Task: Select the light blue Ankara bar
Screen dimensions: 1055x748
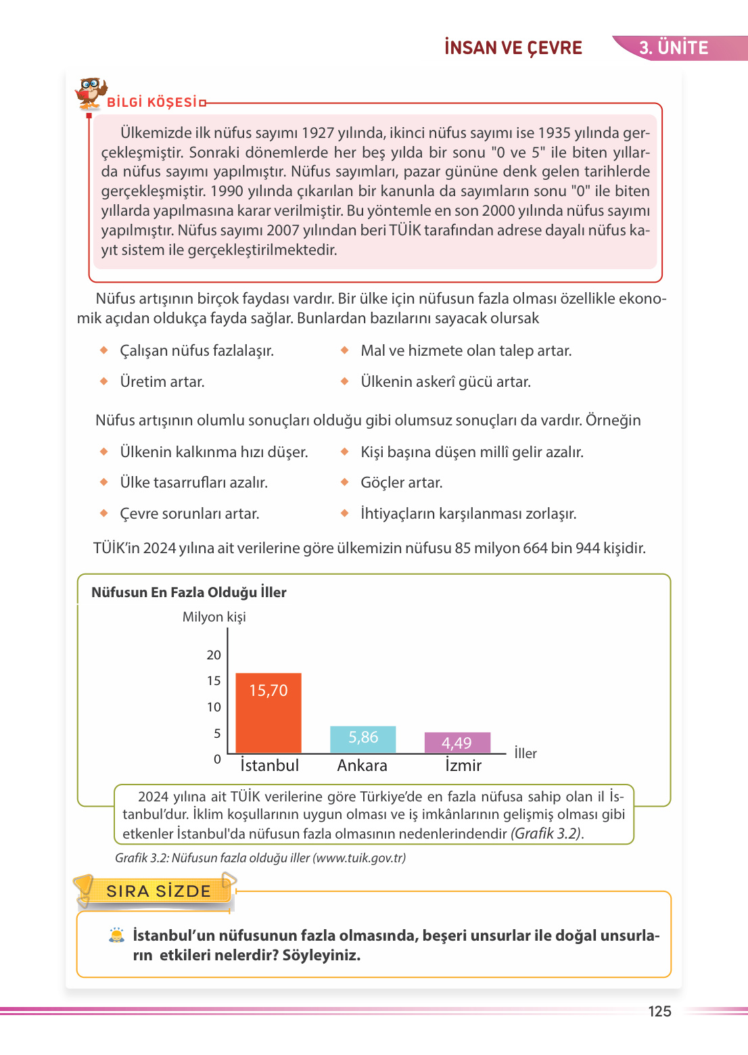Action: (x=363, y=740)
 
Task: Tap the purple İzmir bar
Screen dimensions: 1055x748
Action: (x=457, y=743)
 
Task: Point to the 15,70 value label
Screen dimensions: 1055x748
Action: (x=268, y=690)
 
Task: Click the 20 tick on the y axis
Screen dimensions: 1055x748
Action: (x=214, y=655)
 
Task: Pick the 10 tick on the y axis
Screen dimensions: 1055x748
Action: (x=214, y=707)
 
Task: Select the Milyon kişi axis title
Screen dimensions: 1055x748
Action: (x=214, y=617)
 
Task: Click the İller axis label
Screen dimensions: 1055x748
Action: (x=525, y=753)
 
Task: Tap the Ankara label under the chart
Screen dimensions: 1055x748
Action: (x=363, y=766)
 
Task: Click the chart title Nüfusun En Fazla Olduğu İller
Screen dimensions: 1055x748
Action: (x=189, y=592)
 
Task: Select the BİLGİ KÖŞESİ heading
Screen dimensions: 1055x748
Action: (x=152, y=103)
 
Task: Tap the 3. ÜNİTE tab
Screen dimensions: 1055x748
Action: (x=674, y=48)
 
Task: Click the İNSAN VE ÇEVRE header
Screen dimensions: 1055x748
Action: (x=513, y=48)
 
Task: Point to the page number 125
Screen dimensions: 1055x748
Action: (x=659, y=1012)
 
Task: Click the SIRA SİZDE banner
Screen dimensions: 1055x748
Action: (x=158, y=891)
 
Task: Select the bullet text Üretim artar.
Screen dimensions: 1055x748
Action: (x=162, y=382)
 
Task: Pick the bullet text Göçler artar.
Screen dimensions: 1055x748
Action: (x=402, y=483)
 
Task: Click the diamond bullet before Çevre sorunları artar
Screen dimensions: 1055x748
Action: (x=104, y=513)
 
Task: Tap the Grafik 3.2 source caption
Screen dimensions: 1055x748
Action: (x=260, y=858)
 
